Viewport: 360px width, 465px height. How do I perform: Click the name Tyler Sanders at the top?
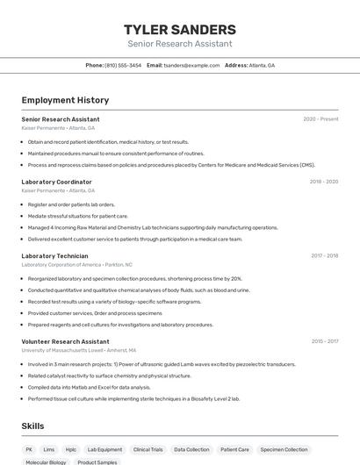pyautogui.click(x=179, y=30)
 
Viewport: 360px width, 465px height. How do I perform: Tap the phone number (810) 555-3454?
pyautogui.click(x=123, y=65)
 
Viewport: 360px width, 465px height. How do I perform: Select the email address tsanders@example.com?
pyautogui.click(x=191, y=65)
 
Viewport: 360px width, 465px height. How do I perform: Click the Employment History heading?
pyautogui.click(x=65, y=100)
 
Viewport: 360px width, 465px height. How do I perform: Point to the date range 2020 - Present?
pyautogui.click(x=320, y=119)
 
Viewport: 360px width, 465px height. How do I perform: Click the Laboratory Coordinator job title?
pyautogui.click(x=56, y=182)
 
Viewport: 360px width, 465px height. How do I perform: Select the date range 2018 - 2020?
pyautogui.click(x=323, y=182)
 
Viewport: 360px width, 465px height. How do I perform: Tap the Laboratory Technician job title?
pyautogui.click(x=54, y=256)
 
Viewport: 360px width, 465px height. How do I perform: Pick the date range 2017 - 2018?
pyautogui.click(x=324, y=256)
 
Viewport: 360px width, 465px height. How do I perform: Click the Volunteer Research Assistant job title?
pyautogui.click(x=65, y=341)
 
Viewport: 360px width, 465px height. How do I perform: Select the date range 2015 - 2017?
pyautogui.click(x=324, y=341)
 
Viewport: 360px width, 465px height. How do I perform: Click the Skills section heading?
pyautogui.click(x=33, y=426)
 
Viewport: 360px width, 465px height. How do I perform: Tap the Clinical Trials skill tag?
pyautogui.click(x=148, y=449)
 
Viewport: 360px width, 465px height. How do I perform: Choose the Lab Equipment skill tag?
pyautogui.click(x=104, y=449)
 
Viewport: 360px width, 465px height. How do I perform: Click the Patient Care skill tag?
pyautogui.click(x=234, y=449)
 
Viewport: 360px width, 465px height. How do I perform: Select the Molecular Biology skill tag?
pyautogui.click(x=46, y=461)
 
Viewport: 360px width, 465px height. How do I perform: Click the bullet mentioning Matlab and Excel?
pyautogui.click(x=89, y=387)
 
